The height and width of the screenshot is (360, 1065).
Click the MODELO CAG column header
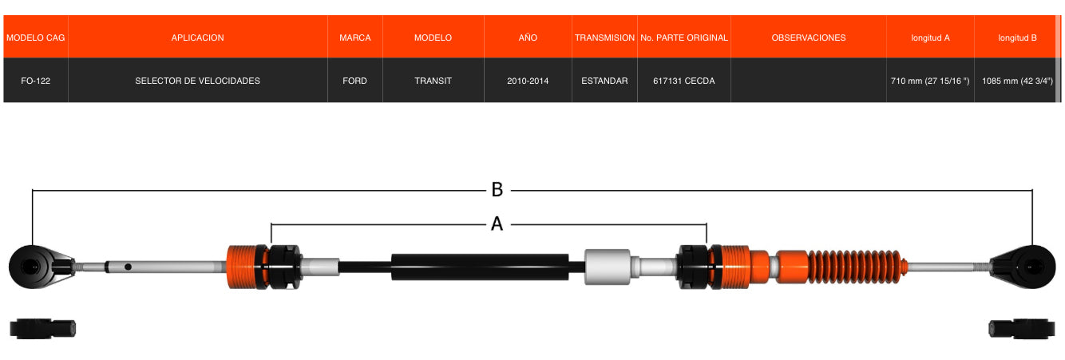[36, 38]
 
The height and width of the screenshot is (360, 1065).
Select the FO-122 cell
[36, 81]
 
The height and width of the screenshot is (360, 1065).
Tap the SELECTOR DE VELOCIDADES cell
[197, 81]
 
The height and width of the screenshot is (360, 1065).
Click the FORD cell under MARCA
[354, 81]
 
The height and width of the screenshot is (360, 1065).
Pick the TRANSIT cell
[433, 81]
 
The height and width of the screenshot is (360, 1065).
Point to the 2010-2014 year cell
[528, 81]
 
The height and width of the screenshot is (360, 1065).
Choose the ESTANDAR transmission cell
[604, 81]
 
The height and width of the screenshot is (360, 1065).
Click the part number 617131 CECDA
[683, 81]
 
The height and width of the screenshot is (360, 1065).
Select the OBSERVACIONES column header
[808, 38]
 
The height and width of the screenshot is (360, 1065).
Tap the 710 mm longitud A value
[930, 81]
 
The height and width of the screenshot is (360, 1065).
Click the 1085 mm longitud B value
[1017, 81]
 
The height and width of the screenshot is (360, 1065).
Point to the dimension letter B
[497, 190]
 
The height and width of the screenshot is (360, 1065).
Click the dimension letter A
[497, 224]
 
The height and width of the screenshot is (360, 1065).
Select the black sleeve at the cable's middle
[480, 267]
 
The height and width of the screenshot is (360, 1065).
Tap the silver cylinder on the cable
[608, 267]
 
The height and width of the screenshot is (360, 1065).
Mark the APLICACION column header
[197, 38]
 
